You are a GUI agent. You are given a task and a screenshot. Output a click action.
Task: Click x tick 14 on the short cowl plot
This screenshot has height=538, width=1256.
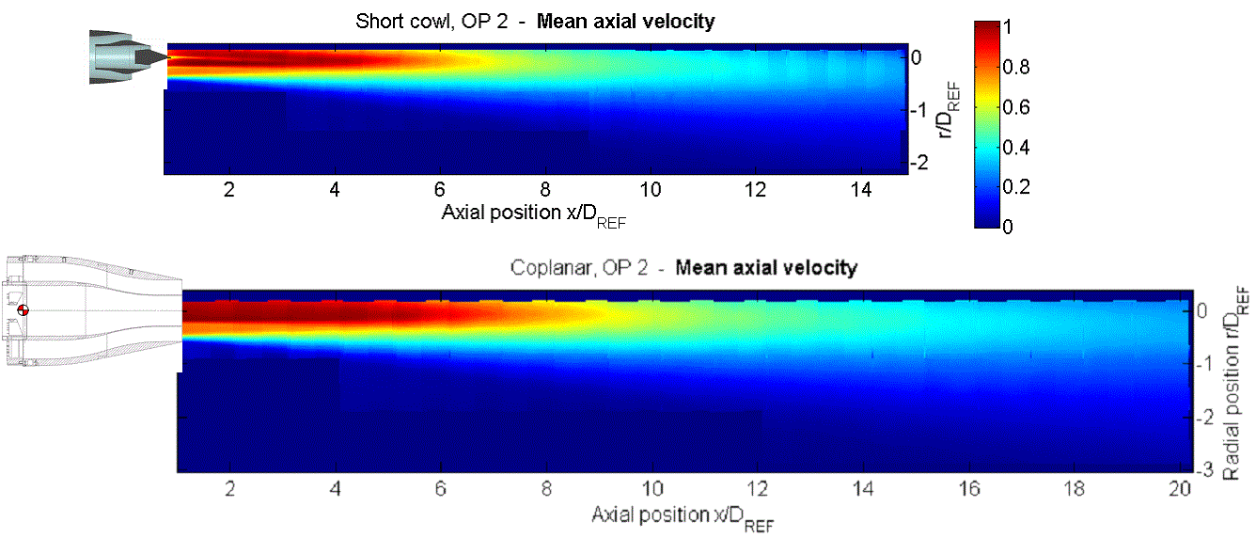pyautogui.click(x=856, y=188)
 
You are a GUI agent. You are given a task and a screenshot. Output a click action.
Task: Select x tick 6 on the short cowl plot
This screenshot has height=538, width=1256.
pyautogui.click(x=439, y=188)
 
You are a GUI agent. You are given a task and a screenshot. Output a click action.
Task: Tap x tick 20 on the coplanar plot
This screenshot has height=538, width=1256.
pyautogui.click(x=1180, y=489)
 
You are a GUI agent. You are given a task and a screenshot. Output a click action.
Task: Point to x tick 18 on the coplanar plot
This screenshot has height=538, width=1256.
pyautogui.click(x=1075, y=489)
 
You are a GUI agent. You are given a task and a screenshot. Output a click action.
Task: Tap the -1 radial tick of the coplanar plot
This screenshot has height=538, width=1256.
pyautogui.click(x=1209, y=364)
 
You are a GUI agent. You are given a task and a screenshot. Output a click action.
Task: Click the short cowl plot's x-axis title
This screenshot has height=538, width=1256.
pyautogui.click(x=534, y=213)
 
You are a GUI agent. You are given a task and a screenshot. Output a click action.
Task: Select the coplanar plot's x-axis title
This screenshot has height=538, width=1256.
pyautogui.click(x=683, y=516)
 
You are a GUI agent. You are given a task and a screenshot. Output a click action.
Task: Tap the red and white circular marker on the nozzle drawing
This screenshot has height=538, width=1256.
pyautogui.click(x=24, y=311)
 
